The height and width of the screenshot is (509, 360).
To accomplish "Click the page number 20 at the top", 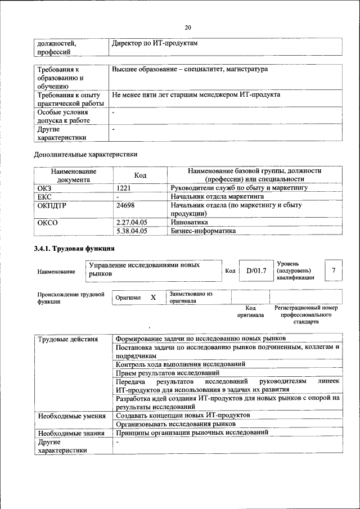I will point(188,28).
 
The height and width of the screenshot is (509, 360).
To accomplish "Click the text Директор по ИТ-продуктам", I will point(155,43).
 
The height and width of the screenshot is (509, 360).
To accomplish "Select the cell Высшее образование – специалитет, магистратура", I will point(190,69).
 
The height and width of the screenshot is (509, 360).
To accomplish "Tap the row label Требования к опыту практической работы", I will point(70,99).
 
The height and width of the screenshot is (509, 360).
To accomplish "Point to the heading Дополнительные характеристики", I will point(85,154).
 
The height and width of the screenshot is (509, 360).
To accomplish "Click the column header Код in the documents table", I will point(140,175).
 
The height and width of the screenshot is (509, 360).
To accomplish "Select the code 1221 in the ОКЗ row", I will point(123,188).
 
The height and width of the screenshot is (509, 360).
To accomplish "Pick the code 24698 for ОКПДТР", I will point(125,205).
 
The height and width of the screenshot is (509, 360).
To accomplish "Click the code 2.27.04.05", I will point(131,222).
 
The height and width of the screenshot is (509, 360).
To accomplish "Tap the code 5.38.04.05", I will point(131,231).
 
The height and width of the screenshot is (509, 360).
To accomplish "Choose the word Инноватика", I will point(188,222).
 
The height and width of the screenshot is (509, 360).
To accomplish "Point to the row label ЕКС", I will point(44,197).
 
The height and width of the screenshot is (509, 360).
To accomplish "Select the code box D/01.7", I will point(255,271).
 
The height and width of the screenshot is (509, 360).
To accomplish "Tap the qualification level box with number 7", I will point(334,271).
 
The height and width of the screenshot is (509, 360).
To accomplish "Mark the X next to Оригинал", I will point(153,297).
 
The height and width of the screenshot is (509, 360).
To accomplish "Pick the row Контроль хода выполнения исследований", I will point(171,364).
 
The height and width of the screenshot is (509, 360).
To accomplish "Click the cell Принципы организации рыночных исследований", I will point(192,433).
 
